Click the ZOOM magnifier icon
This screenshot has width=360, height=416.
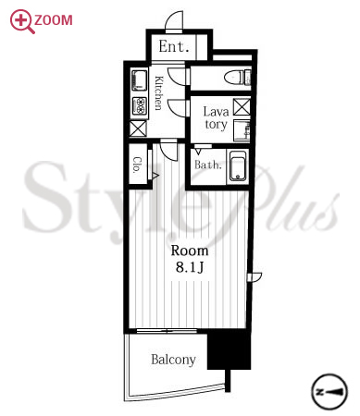point(21,21)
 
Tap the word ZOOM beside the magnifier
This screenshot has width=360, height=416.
point(54,20)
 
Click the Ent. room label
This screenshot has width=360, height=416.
point(174,46)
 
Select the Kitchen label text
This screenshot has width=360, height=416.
point(158,92)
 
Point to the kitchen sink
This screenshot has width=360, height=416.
point(139,80)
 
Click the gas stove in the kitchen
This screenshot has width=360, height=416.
point(140,106)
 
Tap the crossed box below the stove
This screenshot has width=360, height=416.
point(138,128)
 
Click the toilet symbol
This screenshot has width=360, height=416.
point(239,77)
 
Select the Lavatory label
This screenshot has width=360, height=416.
point(216,118)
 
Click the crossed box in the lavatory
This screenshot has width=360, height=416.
point(242,106)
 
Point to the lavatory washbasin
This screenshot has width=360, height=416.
point(242,131)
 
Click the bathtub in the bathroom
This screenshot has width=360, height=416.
point(238,166)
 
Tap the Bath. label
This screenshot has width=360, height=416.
point(208,165)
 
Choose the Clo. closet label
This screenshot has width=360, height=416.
point(138,165)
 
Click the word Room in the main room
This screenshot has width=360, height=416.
point(190,251)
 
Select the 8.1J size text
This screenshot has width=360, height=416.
point(190,267)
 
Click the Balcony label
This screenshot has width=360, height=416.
point(173,360)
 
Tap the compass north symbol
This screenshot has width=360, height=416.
point(329,392)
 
